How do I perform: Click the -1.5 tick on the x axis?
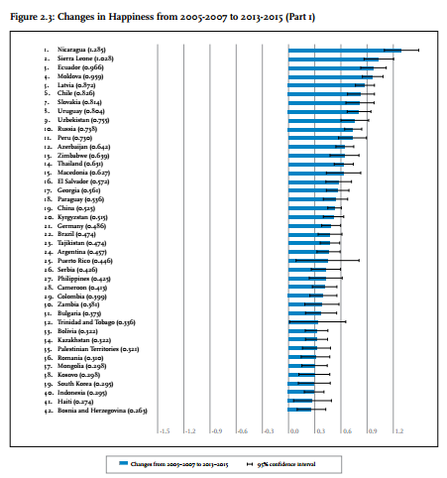coord(164,431)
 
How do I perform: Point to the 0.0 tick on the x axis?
coord(293,431)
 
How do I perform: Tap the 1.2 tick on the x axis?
coord(397,431)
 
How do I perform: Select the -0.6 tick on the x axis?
coord(242,431)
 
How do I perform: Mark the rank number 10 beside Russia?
coord(46,128)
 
